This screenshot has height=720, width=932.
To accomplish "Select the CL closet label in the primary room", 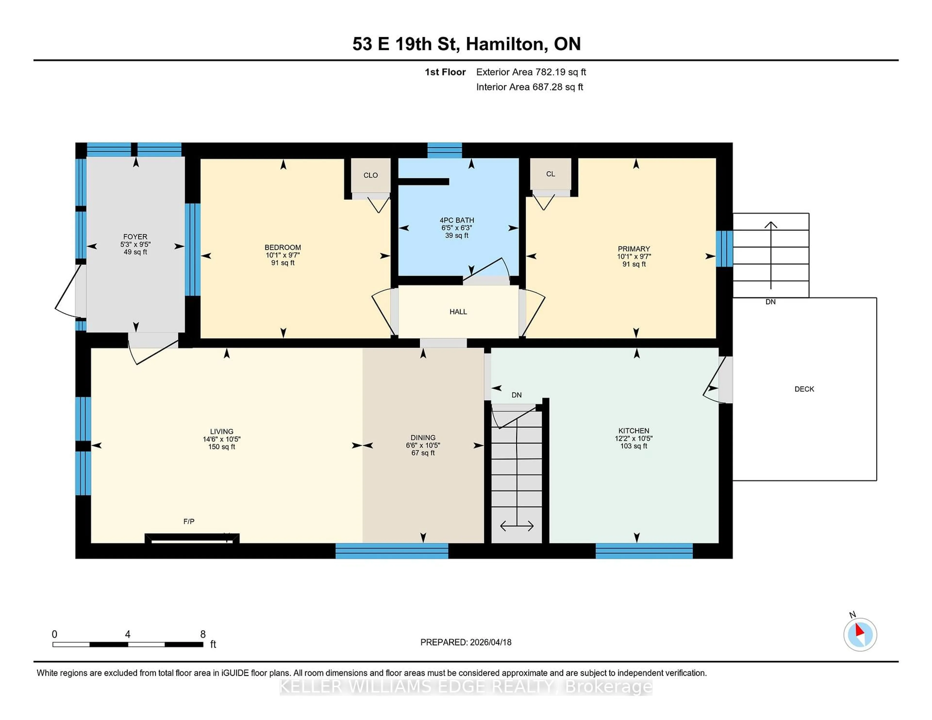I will click(x=550, y=174).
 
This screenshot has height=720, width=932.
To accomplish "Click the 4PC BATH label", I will click(x=457, y=220).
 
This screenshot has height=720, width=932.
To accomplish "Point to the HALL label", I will click(x=458, y=312).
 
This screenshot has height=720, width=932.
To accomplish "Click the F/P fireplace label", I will click(x=189, y=521).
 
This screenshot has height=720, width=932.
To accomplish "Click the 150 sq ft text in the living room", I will click(x=222, y=447).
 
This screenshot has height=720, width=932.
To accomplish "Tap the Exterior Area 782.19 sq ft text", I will click(x=531, y=72).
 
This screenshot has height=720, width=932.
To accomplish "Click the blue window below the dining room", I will click(x=392, y=551).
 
